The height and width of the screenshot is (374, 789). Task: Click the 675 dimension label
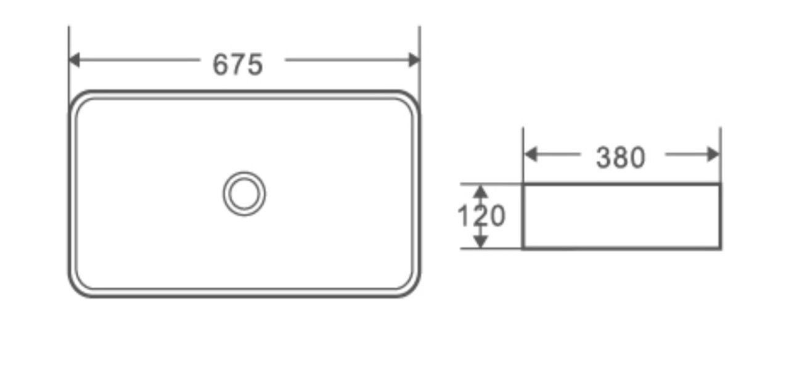tap(238, 65)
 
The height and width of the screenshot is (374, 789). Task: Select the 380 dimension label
tap(621, 157)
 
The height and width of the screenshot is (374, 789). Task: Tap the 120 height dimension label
tap(481, 216)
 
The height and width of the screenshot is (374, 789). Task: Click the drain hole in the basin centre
tap(244, 193)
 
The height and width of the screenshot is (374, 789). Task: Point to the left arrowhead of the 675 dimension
tap(74, 60)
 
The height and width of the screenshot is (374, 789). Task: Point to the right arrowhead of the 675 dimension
tap(414, 60)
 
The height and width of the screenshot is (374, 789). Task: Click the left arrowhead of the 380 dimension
tap(531, 154)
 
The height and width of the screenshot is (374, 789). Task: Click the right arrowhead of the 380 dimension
tap(713, 154)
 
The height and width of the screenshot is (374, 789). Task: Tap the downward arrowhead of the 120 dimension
tap(480, 242)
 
